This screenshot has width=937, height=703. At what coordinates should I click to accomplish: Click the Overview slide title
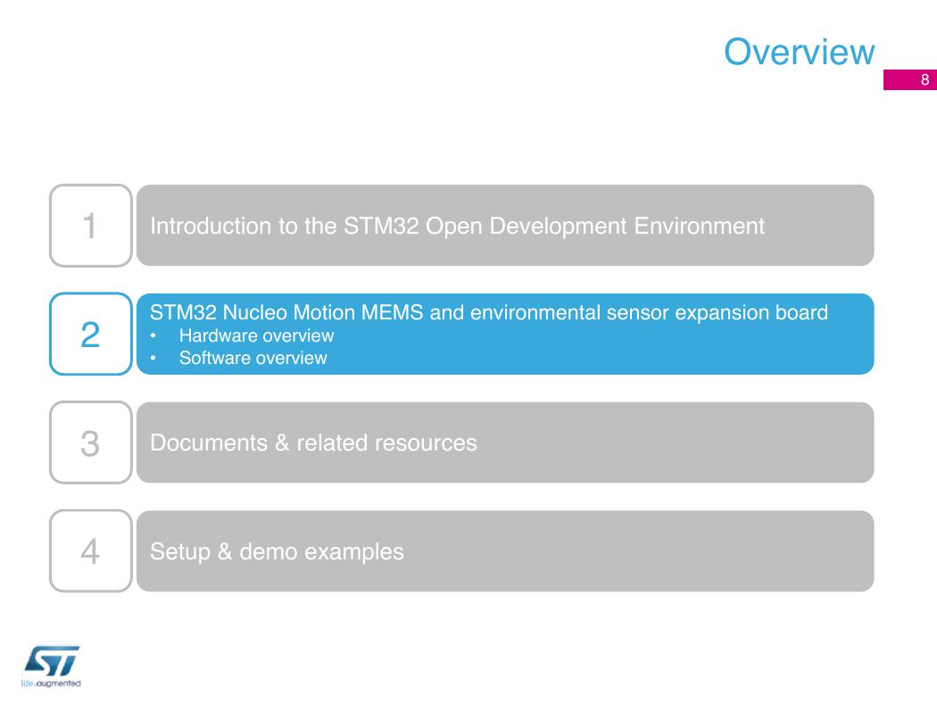click(799, 52)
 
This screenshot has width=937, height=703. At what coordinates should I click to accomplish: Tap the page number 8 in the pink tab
click(925, 80)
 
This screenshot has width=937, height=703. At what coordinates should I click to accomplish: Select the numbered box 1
click(91, 225)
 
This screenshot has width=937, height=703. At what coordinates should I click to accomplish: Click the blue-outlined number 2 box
click(91, 334)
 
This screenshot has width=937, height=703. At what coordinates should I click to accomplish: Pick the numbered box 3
click(91, 442)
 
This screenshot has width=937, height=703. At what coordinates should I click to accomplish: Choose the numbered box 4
click(91, 550)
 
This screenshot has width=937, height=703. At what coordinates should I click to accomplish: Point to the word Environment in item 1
click(699, 226)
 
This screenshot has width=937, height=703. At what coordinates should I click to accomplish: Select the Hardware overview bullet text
click(256, 335)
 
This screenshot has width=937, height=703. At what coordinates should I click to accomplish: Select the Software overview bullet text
click(253, 358)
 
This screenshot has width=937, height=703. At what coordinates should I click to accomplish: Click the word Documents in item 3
click(209, 442)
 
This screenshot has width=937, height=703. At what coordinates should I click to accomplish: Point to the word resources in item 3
click(425, 442)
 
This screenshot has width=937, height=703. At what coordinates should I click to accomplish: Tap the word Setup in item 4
click(180, 552)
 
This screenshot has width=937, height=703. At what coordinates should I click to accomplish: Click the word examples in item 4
click(353, 552)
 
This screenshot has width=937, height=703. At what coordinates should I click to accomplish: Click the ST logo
click(52, 660)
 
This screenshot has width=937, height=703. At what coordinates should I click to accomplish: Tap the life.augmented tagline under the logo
click(51, 683)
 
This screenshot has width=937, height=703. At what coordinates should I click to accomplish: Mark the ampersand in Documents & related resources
click(282, 442)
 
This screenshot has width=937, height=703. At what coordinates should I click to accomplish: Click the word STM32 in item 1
click(381, 226)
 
